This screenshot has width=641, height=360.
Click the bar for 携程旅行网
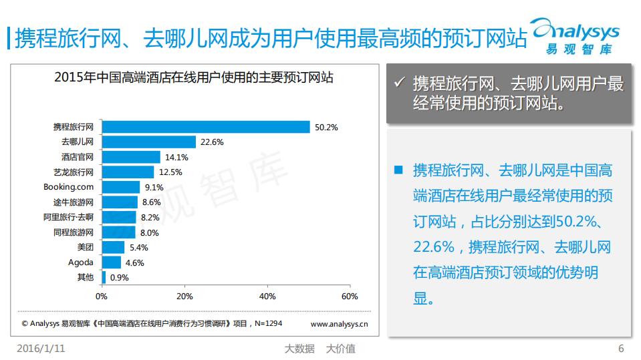point(206,127)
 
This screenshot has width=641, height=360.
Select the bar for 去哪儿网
point(148,142)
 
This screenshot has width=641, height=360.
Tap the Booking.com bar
point(120,187)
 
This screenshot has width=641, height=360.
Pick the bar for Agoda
point(111,262)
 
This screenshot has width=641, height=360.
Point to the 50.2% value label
point(327,127)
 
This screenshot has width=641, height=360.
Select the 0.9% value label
point(119,278)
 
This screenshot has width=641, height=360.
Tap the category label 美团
point(85,248)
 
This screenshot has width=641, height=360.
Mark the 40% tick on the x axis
point(267,296)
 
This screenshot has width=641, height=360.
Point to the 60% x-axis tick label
point(350,296)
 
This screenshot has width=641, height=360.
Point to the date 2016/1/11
point(41,349)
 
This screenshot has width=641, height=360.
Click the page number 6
point(621,349)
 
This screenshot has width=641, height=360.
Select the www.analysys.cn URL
point(339,324)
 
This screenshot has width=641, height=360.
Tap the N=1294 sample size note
point(265,324)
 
